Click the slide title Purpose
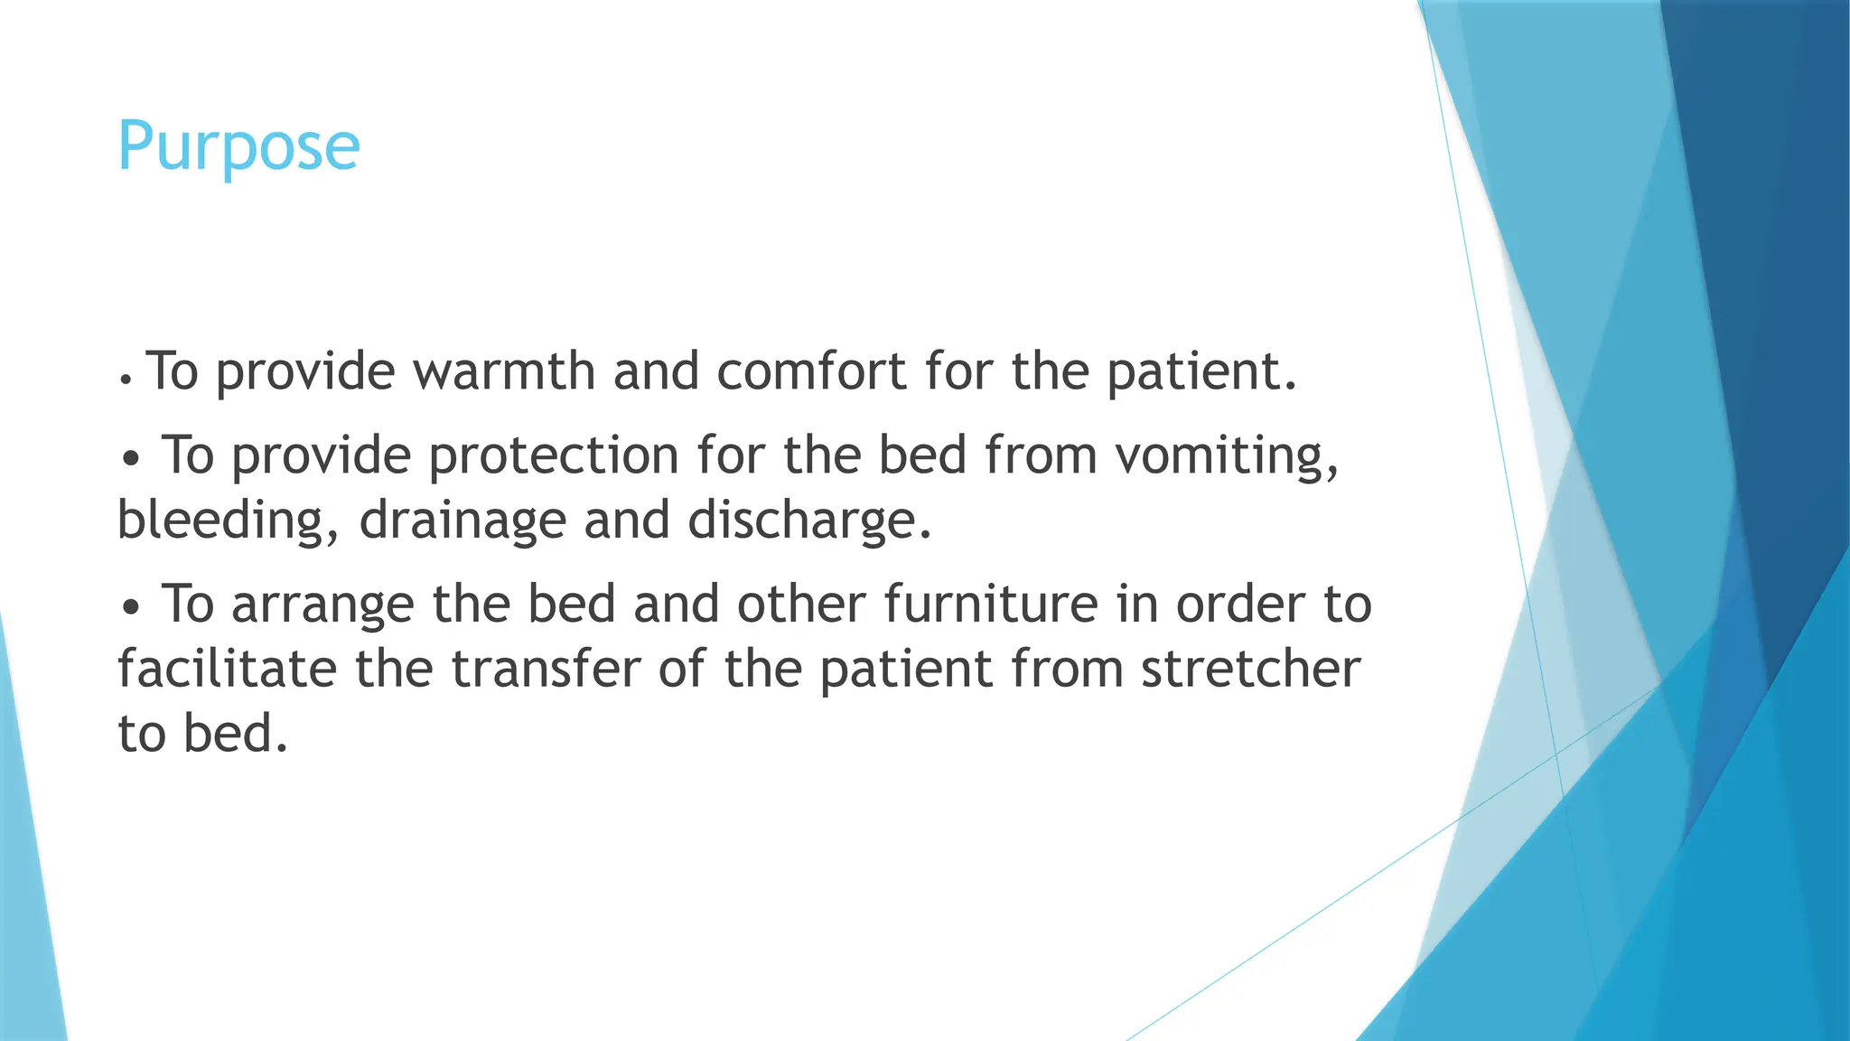(238, 146)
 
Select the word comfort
(811, 370)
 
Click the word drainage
(462, 521)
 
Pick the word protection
(553, 455)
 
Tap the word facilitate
(227, 669)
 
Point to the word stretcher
(1250, 669)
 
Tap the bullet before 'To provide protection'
(132, 459)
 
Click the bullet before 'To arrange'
(132, 608)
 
